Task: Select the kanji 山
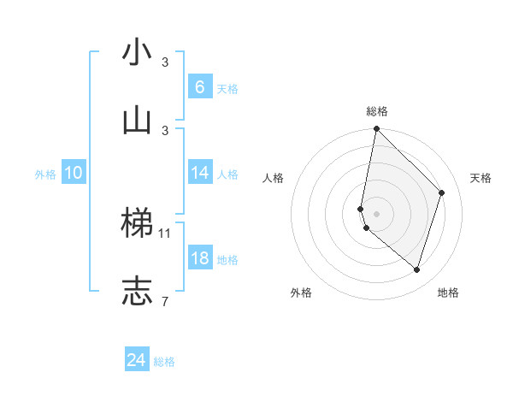(137, 120)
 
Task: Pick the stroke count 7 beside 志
(165, 301)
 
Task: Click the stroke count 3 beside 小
(165, 62)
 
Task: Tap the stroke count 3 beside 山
(165, 130)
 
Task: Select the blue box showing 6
(199, 86)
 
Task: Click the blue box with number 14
(199, 172)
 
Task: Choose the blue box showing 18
(199, 258)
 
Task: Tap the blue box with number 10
(74, 173)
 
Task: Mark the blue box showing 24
(136, 360)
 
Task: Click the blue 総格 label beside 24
(164, 362)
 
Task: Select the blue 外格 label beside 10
(45, 174)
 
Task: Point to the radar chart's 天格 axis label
(481, 178)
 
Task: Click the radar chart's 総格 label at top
(376, 111)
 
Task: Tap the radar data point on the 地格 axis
(416, 269)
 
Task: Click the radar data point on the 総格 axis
(376, 129)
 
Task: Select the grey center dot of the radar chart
(376, 213)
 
